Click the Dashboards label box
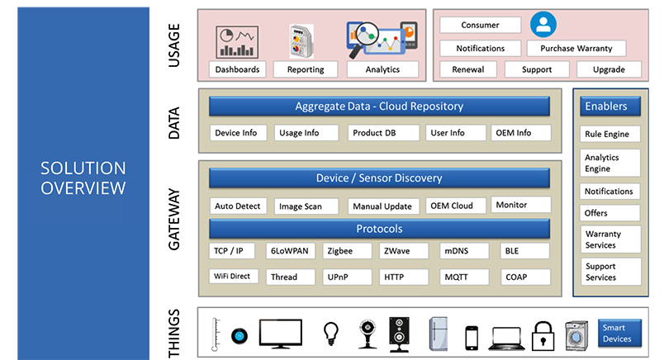tap(237, 70)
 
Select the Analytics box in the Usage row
tap(382, 70)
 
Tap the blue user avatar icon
tap(543, 24)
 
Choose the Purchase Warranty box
tap(576, 49)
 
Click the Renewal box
tap(468, 70)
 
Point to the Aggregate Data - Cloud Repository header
tap(379, 107)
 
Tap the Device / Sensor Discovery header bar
tap(379, 178)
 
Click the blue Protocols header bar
tap(379, 229)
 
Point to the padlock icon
tap(543, 334)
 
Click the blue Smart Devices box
tap(619, 334)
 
